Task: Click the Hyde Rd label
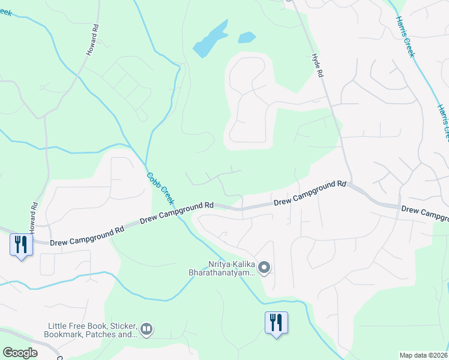[x=318, y=65]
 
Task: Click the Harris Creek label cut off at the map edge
[x=444, y=121]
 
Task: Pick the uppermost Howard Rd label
[x=92, y=41]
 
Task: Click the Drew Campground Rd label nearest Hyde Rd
[x=310, y=193]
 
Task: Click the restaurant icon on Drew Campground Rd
[x=21, y=245]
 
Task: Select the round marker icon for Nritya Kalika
[x=264, y=268]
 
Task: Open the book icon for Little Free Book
[x=146, y=329]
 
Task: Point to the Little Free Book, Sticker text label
[x=92, y=330]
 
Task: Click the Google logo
[x=20, y=352]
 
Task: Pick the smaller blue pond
[x=247, y=37]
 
